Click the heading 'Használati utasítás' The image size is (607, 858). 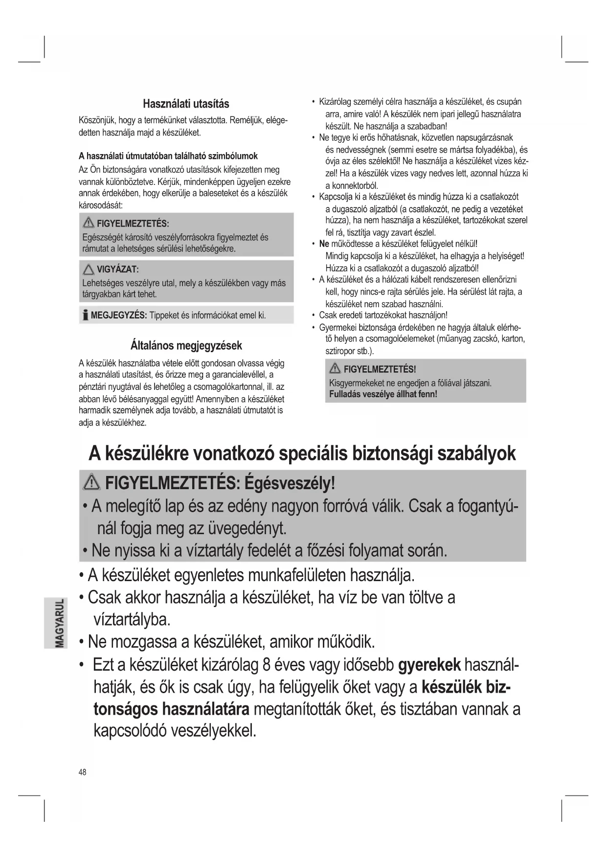(x=186, y=104)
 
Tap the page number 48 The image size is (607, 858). (x=82, y=772)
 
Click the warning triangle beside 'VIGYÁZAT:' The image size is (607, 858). (x=89, y=270)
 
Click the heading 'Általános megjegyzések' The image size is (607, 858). (x=186, y=345)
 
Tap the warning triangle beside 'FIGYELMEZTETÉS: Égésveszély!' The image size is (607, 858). (x=92, y=483)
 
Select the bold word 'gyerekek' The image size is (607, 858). (x=429, y=665)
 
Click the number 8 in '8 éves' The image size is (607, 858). (x=267, y=665)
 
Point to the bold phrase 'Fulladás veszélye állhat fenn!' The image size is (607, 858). (x=383, y=394)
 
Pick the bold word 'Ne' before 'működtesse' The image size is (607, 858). (x=324, y=244)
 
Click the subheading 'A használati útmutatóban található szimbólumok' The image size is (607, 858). (x=168, y=156)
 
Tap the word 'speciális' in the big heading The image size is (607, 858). (x=314, y=453)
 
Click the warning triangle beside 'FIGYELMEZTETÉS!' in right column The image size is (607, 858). (x=335, y=369)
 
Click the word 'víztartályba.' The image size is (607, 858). (x=132, y=619)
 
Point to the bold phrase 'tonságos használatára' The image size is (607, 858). (x=171, y=709)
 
